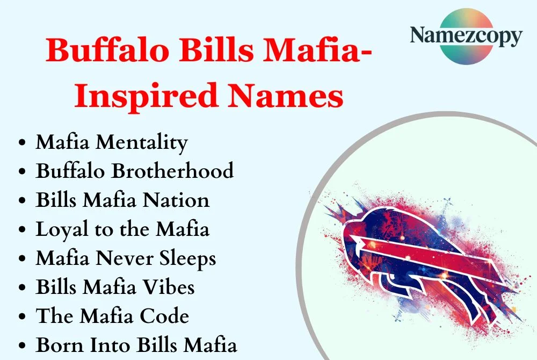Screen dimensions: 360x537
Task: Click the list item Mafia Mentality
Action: pos(112,142)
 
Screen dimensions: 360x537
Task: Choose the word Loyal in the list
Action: pos(57,229)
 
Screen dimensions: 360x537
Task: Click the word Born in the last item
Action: pos(57,345)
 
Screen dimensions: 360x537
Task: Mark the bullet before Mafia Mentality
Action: pos(22,143)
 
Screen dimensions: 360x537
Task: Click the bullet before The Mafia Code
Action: pos(22,317)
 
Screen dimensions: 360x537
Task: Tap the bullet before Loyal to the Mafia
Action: pos(22,230)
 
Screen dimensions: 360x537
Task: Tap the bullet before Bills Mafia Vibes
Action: pos(22,288)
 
